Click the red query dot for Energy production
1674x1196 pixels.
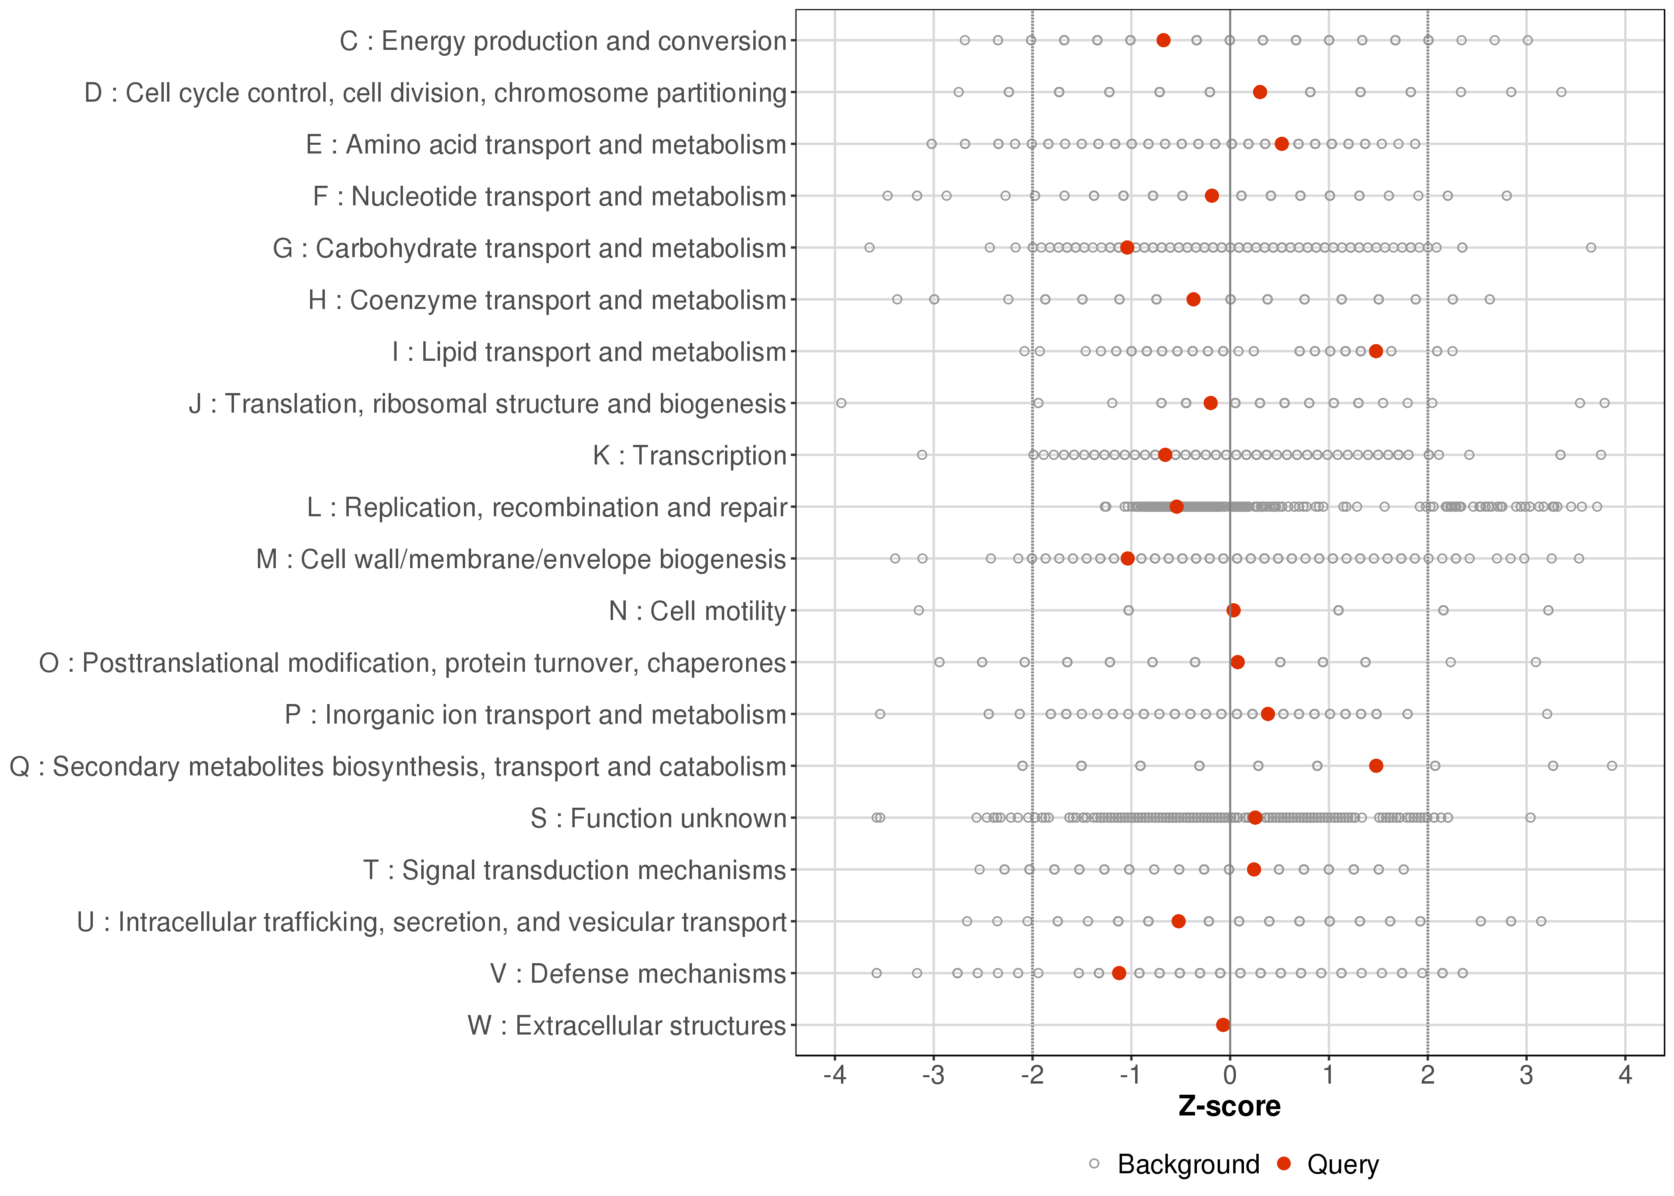(1163, 41)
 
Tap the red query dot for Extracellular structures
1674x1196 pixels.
(1223, 1025)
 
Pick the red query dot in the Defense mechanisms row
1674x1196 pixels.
(1119, 973)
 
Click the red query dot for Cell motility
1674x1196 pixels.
(1234, 610)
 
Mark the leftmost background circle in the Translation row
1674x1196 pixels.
(841, 403)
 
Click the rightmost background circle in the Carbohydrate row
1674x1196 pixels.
(1591, 248)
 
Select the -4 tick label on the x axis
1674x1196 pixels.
(834, 1076)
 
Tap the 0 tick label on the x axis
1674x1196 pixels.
(1229, 1076)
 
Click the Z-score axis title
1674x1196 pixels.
(1229, 1107)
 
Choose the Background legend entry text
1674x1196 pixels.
(1188, 1165)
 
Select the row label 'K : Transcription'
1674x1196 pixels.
(690, 456)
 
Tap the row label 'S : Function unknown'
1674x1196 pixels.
(658, 818)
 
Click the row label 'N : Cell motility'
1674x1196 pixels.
(697, 611)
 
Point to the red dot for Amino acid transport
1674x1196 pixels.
(1282, 144)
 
